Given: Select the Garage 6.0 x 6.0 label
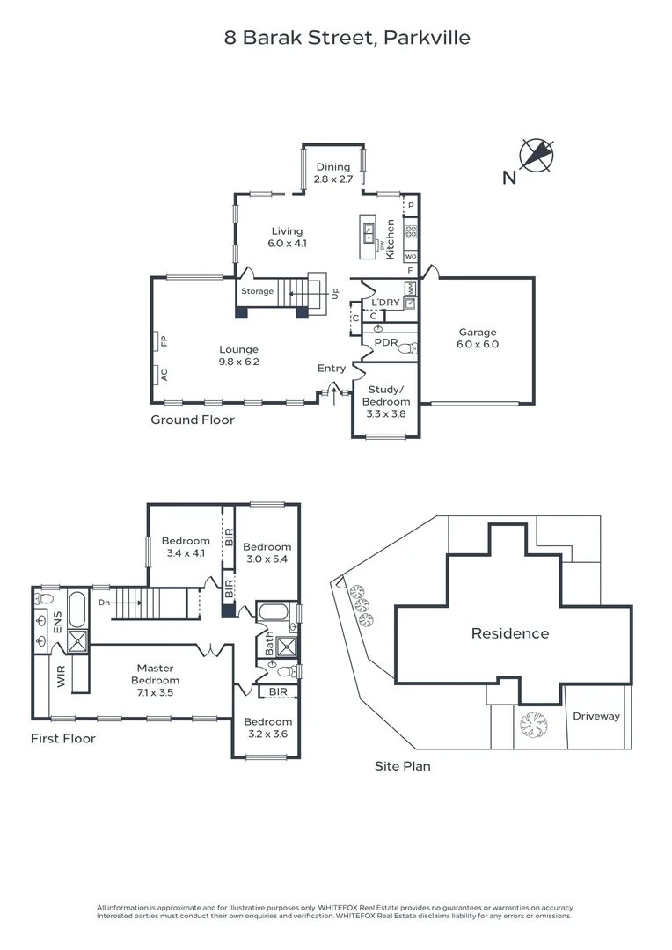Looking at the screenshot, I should tap(478, 339).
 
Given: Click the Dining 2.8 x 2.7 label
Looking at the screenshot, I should tap(333, 172).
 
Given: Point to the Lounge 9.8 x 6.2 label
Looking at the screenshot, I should tap(239, 354).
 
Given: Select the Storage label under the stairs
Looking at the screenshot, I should tap(258, 291).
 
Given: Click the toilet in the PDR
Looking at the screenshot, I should tap(406, 348).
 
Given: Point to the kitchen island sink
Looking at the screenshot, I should tap(368, 232).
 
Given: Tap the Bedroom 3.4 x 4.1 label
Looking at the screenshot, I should tap(186, 547).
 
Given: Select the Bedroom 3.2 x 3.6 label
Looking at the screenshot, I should tap(267, 727).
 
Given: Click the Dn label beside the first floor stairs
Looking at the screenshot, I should tap(105, 603).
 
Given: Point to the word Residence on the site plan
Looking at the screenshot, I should tap(509, 633).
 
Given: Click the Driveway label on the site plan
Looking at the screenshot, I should tap(596, 716).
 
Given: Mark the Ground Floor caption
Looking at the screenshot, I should tap(192, 420).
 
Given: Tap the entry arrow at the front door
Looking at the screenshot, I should tap(332, 389).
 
